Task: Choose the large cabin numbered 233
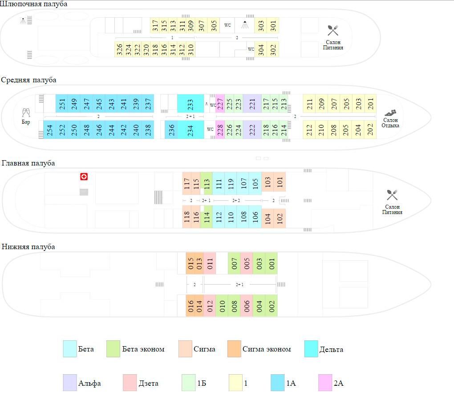click(x=190, y=104)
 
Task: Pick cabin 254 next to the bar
click(x=49, y=130)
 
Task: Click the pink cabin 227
click(x=220, y=104)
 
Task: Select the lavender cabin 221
click(x=252, y=104)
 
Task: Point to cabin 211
click(x=309, y=104)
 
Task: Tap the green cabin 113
click(x=206, y=183)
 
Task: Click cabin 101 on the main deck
click(x=280, y=182)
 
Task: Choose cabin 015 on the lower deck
click(x=191, y=263)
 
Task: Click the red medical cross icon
click(x=84, y=177)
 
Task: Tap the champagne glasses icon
click(x=26, y=113)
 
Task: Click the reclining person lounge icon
click(x=390, y=113)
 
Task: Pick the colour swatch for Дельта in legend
click(x=311, y=349)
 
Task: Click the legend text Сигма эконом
click(x=266, y=349)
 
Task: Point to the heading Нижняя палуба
click(x=28, y=246)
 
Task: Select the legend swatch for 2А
click(x=325, y=383)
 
